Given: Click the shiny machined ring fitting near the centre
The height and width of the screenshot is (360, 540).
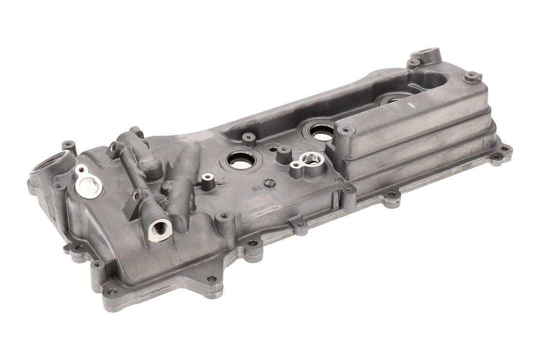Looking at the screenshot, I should pos(308,158).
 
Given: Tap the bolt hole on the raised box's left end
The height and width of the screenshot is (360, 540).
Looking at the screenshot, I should pos(346,130).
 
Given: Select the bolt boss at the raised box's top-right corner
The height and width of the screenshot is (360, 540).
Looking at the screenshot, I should pos(471,76).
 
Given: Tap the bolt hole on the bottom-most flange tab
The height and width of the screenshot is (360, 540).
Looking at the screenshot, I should pos(212,279).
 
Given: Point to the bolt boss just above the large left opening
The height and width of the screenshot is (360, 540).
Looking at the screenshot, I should pos(69,144).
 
